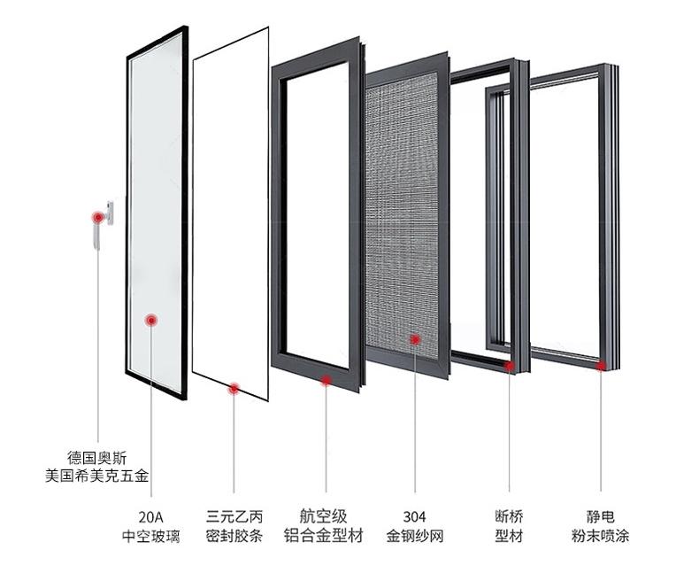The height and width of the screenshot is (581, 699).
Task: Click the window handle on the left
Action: click(109, 215)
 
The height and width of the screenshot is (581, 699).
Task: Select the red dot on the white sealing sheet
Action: click(234, 387)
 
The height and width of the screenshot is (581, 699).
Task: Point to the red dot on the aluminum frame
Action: click(326, 381)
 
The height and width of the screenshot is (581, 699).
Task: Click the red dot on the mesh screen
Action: click(413, 337)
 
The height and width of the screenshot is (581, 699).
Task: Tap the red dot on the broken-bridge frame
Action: click(510, 364)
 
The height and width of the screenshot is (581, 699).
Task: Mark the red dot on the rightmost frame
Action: click(601, 364)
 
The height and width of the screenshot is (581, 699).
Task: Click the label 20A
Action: click(151, 517)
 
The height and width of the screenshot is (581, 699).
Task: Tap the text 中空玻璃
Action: click(151, 536)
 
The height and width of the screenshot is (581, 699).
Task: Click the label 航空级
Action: click(326, 517)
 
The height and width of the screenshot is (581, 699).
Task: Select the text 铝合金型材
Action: click(326, 536)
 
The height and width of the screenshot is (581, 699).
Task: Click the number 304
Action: click(414, 517)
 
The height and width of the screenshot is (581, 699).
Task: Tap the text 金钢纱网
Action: click(414, 536)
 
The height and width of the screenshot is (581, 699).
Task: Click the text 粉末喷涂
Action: click(601, 536)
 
